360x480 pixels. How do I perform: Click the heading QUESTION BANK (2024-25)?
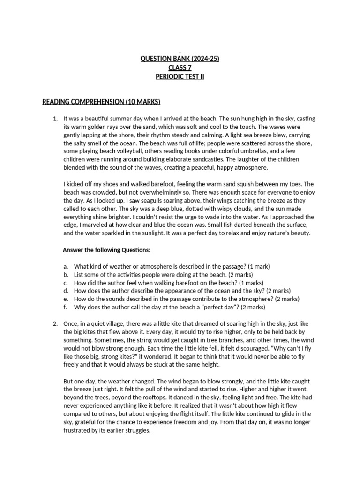180,59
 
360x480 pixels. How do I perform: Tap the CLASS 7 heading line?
180,67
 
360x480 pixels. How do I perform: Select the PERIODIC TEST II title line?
180,76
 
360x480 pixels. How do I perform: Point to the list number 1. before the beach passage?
55,119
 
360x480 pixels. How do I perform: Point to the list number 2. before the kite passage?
55,324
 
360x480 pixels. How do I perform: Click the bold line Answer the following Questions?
107,250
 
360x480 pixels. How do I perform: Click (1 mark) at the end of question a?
256,266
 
